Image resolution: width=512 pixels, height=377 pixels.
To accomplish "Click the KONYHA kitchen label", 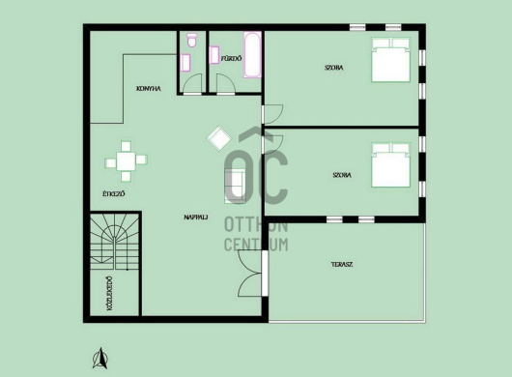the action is tap(149, 89).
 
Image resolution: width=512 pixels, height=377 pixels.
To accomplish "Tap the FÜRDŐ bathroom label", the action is tap(232, 59).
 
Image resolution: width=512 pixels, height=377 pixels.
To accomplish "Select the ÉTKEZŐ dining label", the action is tap(114, 193).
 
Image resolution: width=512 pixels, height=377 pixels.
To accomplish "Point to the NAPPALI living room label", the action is tap(196, 217).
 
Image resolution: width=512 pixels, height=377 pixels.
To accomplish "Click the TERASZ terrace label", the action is tap(342, 264).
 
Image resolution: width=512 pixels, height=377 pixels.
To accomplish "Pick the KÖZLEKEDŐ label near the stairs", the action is tap(109, 293).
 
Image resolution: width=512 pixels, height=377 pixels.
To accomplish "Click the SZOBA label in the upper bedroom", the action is tap(333, 68).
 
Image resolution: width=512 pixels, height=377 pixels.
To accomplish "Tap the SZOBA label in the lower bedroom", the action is tap(342, 175).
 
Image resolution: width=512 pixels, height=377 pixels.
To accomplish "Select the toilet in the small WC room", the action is tap(191, 40).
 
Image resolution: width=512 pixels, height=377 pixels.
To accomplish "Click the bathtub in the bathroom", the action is tap(252, 54).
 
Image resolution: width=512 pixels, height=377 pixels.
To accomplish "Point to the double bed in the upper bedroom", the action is tap(391, 60).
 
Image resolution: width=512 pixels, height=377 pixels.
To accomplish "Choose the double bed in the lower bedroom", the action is tap(391, 165).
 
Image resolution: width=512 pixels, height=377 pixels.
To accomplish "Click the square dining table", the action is tap(126, 161).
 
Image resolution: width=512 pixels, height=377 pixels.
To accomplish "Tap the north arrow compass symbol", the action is tap(100, 359).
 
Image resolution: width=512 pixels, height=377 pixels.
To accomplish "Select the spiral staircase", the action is tap(115, 242).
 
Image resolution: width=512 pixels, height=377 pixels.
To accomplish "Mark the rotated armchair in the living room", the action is tap(219, 138).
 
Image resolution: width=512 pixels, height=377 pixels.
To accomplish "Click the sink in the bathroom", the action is tap(214, 55).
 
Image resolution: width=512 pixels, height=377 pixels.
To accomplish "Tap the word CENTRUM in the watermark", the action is tap(256, 245).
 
